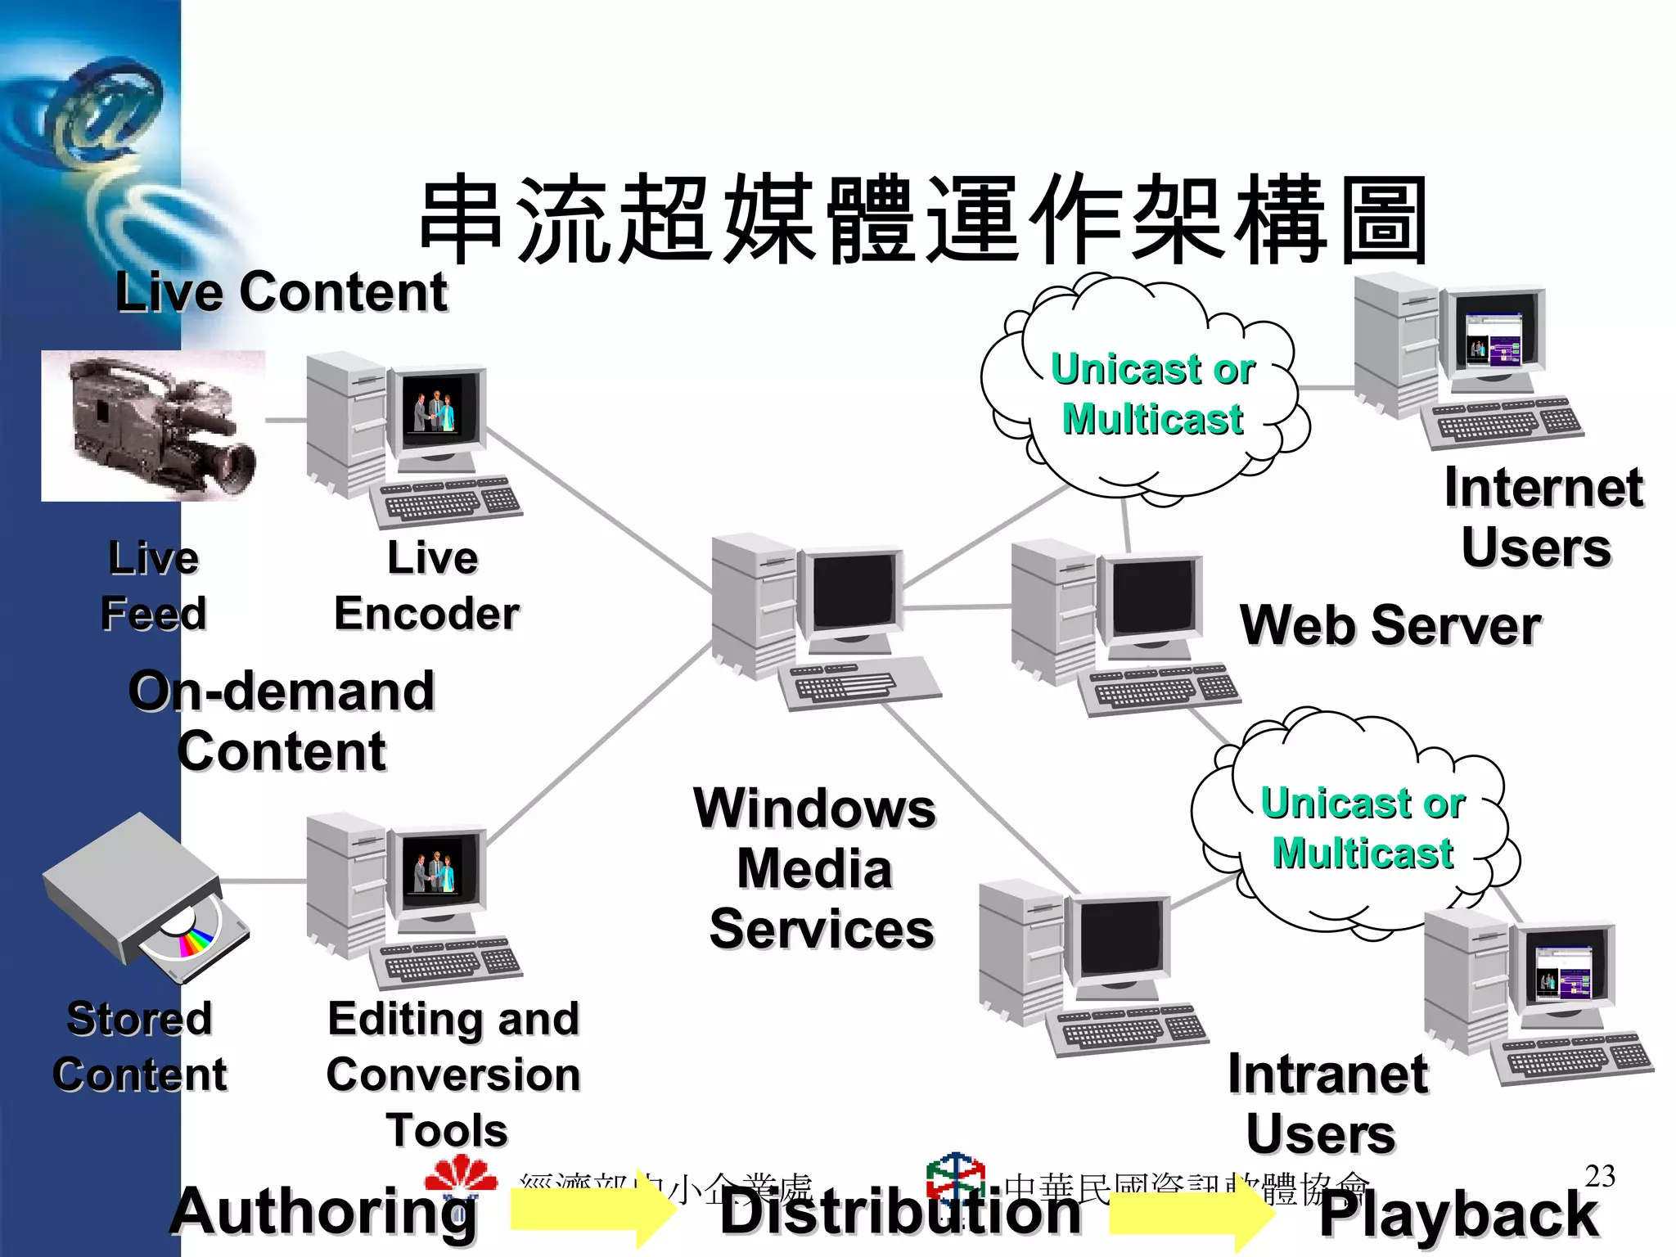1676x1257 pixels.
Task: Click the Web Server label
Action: pyautogui.click(x=1390, y=626)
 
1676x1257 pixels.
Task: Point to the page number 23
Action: pyautogui.click(x=1599, y=1176)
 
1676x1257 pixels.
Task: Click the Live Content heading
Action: pyautogui.click(x=281, y=292)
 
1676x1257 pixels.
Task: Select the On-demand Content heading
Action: pyautogui.click(x=282, y=720)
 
